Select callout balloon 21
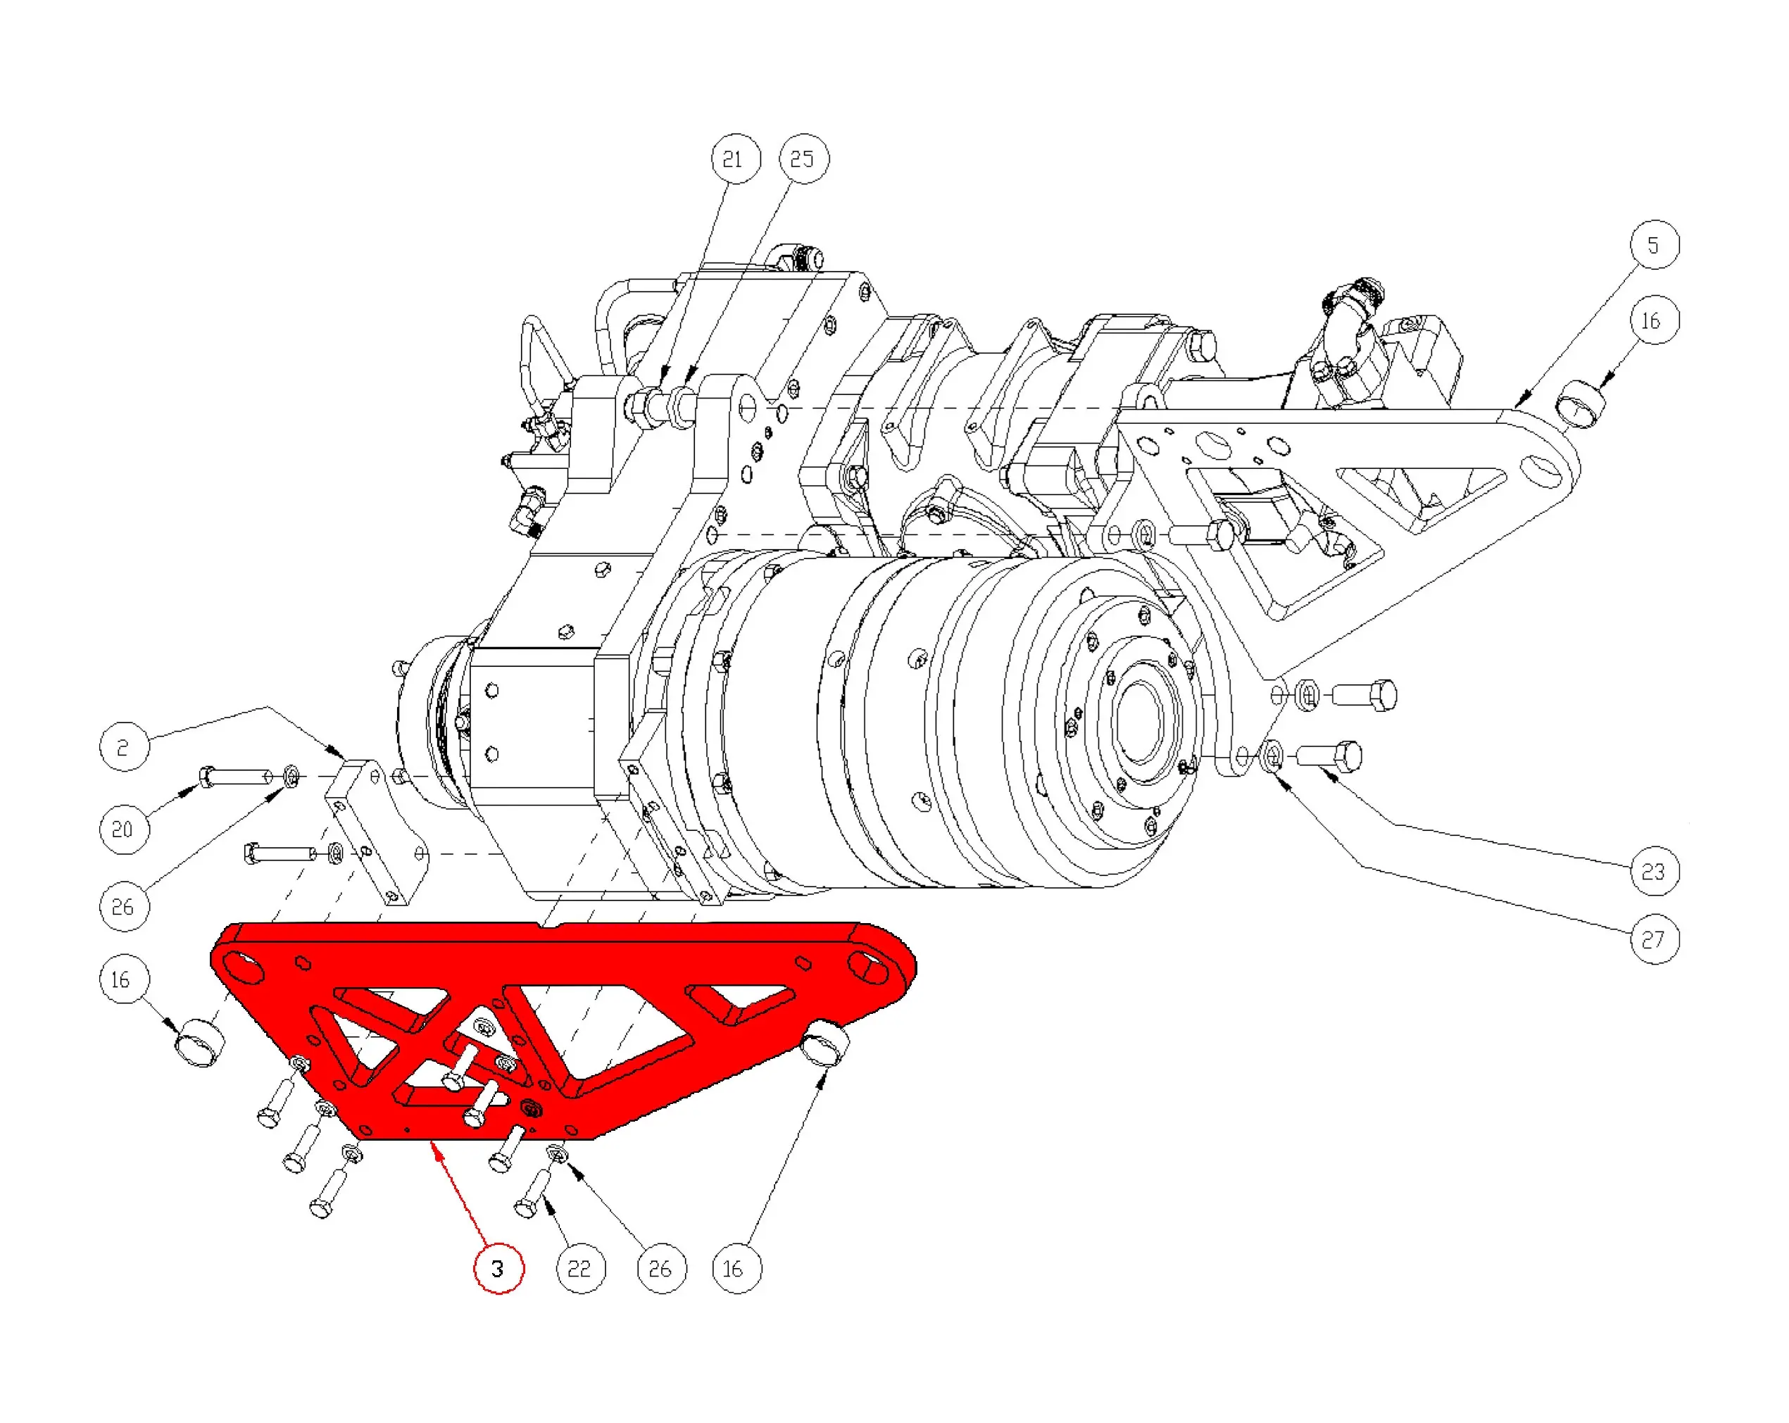click(735, 158)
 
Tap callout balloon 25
click(803, 158)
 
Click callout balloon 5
click(1654, 245)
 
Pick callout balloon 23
click(1654, 871)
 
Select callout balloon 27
click(1654, 939)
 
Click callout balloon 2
click(124, 747)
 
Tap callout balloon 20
click(124, 829)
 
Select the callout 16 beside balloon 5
click(1654, 320)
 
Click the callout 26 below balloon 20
click(124, 906)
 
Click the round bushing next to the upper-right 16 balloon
click(1580, 404)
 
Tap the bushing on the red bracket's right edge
click(824, 1043)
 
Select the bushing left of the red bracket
click(200, 1042)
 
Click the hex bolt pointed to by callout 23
click(1330, 756)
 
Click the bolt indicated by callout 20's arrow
click(236, 777)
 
